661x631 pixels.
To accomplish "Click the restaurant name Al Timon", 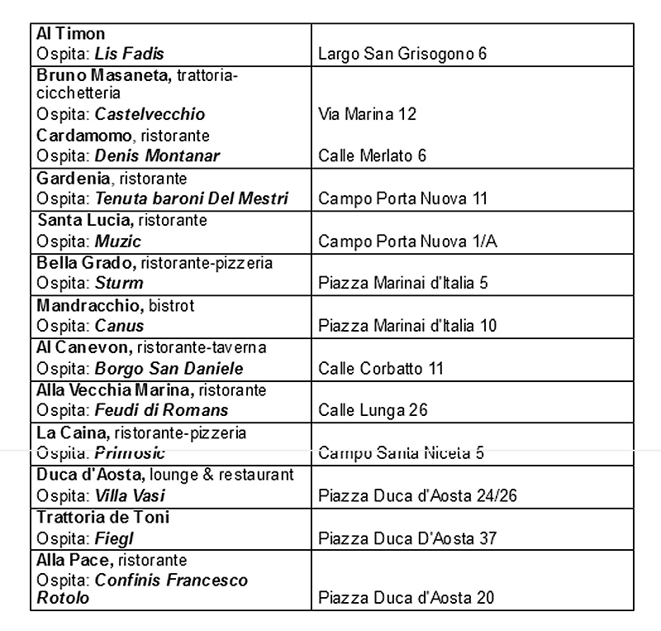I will pyautogui.click(x=70, y=34).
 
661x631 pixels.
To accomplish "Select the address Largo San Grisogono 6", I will pyautogui.click(x=402, y=55).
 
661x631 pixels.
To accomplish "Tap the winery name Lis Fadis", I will pyautogui.click(x=130, y=55).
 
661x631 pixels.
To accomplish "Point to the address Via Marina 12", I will pyautogui.click(x=367, y=114).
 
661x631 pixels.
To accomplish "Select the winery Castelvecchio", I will pyautogui.click(x=150, y=114).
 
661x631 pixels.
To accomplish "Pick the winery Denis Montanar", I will pyautogui.click(x=157, y=155).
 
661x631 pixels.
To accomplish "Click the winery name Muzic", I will pyautogui.click(x=118, y=241).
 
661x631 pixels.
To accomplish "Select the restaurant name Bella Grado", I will pyautogui.click(x=85, y=263).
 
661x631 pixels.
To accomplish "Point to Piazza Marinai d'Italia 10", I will pyautogui.click(x=407, y=326).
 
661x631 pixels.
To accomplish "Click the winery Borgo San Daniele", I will pyautogui.click(x=169, y=369).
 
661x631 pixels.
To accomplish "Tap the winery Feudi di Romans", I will pyautogui.click(x=161, y=410).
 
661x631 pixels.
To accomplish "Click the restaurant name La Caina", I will pyautogui.click(x=72, y=433).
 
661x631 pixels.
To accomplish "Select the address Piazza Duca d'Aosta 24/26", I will pyautogui.click(x=417, y=496).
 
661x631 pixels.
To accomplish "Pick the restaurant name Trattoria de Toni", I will pyautogui.click(x=102, y=518).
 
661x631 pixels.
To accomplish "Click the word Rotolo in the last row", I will pyautogui.click(x=63, y=597).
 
